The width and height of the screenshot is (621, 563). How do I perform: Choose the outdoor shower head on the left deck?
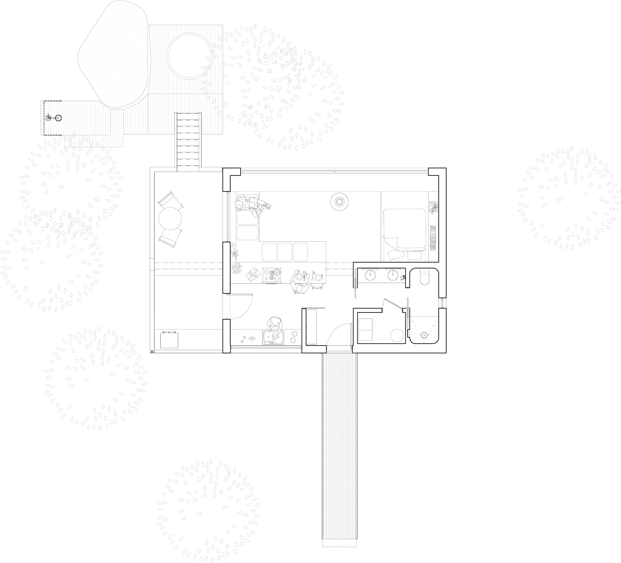coord(59,118)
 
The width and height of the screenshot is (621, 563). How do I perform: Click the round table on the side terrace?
coord(170,219)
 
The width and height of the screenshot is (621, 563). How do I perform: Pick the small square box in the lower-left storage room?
coord(169,340)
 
